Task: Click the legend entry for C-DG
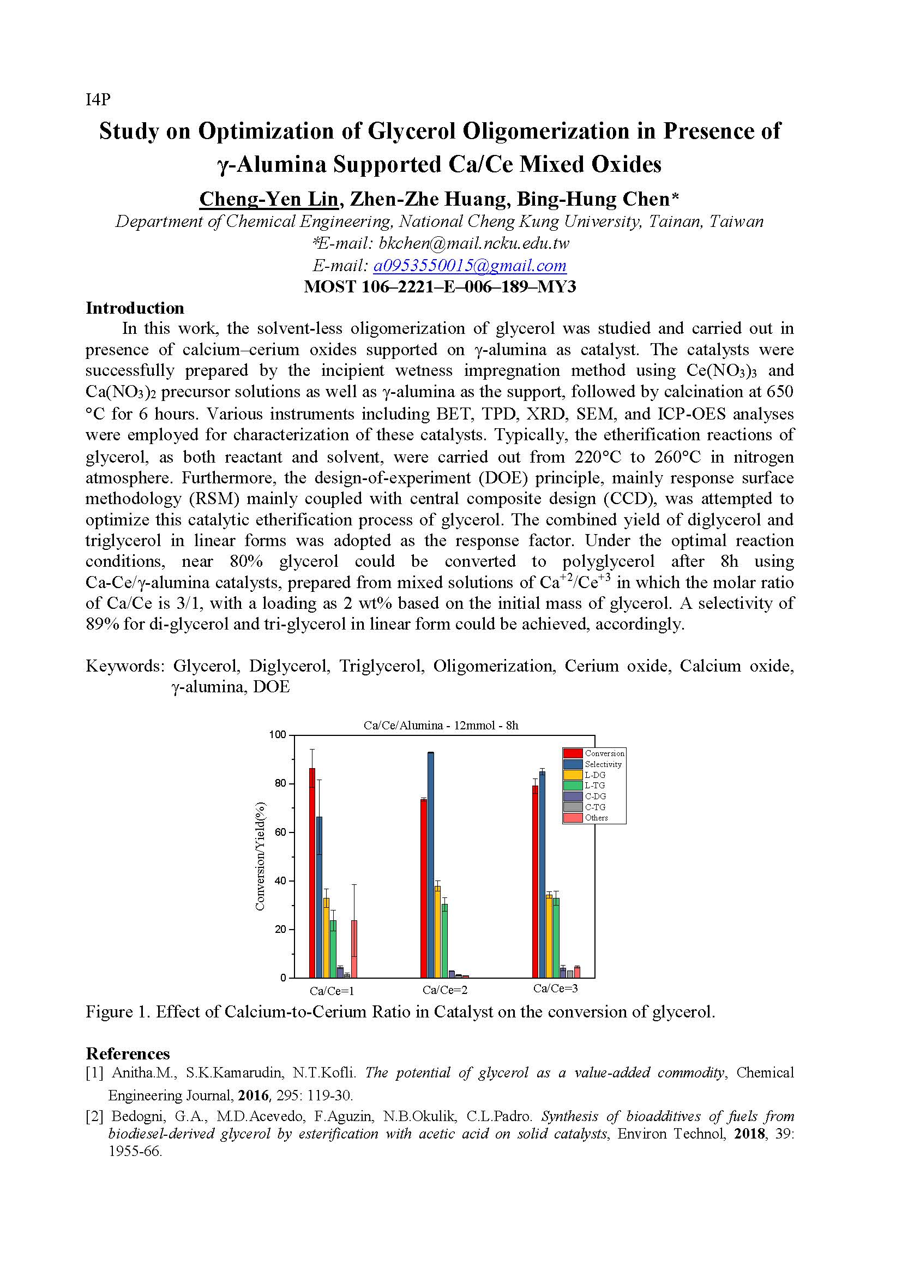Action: click(594, 796)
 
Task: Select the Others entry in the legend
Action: click(596, 818)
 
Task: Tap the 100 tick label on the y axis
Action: click(276, 735)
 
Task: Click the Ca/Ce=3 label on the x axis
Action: click(555, 989)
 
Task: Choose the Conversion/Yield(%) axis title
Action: click(260, 856)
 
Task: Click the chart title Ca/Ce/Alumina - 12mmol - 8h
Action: click(441, 725)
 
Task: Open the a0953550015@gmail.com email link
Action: click(470, 266)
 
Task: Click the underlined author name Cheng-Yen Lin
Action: click(268, 199)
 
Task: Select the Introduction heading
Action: click(134, 308)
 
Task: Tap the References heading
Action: click(128, 1054)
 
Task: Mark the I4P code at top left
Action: click(98, 99)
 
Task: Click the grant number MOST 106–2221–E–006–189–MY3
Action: click(440, 287)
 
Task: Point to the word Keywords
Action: click(124, 665)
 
